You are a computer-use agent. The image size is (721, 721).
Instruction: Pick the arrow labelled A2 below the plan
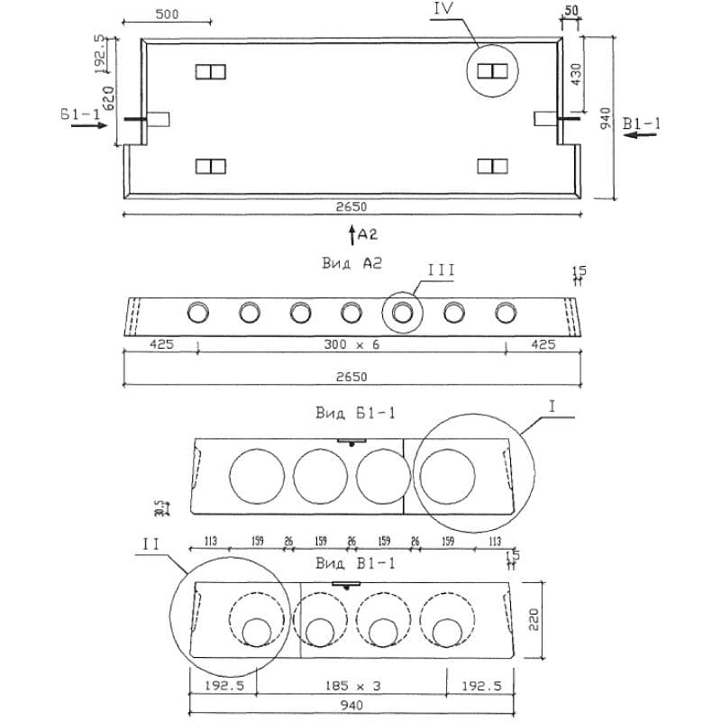tap(351, 235)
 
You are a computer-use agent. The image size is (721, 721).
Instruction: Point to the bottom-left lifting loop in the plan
tap(210, 165)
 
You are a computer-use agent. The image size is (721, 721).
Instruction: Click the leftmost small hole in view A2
tap(196, 313)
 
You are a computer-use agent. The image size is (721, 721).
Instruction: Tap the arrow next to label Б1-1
tap(87, 126)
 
